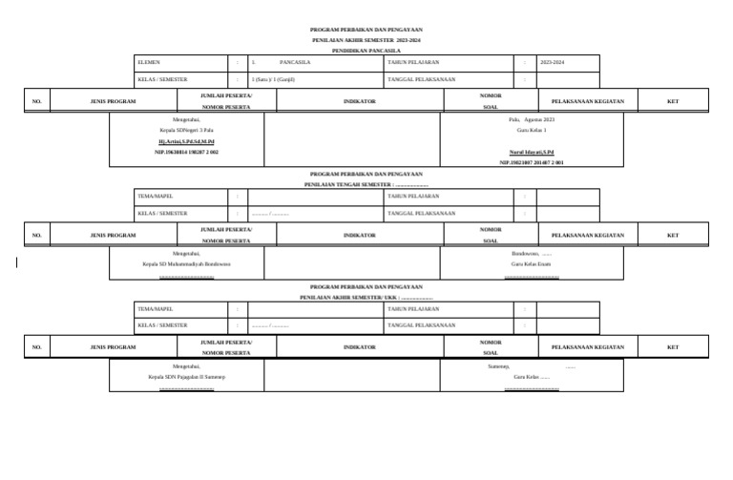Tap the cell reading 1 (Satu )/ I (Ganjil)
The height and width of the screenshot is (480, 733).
tap(273, 79)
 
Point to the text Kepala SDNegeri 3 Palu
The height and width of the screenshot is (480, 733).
tap(186, 129)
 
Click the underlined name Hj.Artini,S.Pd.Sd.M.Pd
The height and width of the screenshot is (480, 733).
tap(186, 140)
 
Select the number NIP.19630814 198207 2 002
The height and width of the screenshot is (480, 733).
tap(186, 152)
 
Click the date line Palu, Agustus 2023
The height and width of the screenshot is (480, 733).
tap(532, 119)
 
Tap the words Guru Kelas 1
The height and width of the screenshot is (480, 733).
tap(532, 130)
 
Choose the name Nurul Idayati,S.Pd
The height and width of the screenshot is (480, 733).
tap(532, 153)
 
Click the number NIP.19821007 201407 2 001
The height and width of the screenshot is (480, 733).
tap(532, 163)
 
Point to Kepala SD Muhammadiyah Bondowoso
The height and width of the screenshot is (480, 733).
tap(186, 264)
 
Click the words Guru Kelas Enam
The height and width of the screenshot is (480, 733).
tap(532, 264)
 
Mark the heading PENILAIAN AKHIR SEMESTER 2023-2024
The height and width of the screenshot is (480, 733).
tap(366, 39)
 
